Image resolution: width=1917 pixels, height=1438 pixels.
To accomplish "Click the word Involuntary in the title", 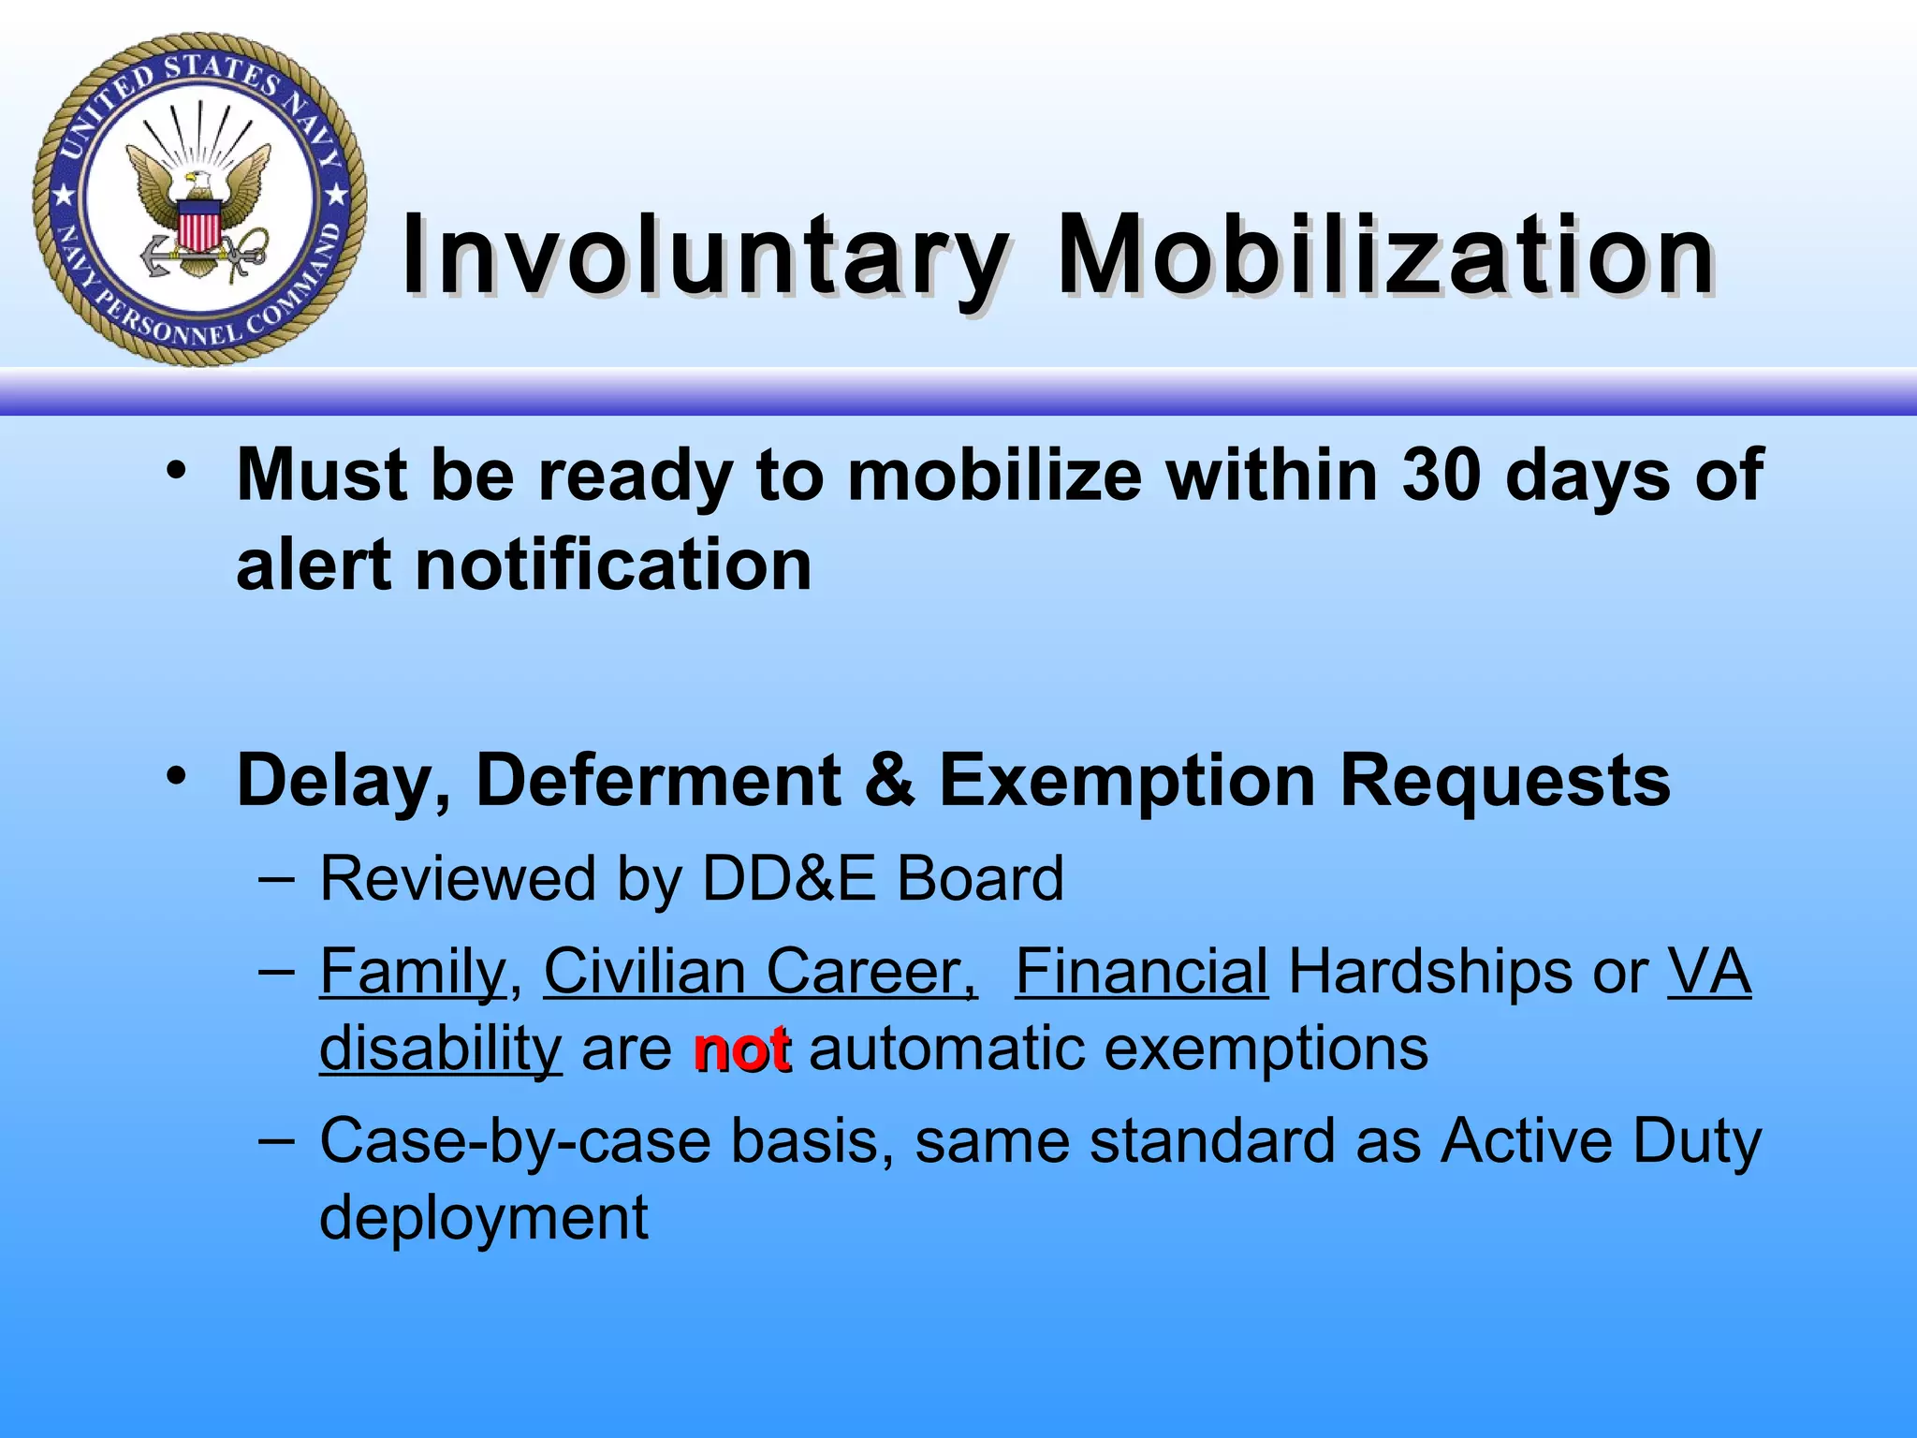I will [704, 256].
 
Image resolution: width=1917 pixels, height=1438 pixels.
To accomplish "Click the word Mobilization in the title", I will [1385, 256].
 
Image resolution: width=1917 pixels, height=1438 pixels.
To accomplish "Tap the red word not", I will [742, 1050].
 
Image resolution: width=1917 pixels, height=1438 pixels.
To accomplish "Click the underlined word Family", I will [413, 972].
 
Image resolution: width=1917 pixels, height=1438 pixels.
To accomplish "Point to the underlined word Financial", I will [1141, 972].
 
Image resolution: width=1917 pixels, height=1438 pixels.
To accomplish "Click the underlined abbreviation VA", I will [1708, 972].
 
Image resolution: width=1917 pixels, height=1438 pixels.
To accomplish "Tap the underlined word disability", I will [441, 1049].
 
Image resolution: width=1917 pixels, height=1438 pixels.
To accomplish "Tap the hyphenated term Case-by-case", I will [515, 1142].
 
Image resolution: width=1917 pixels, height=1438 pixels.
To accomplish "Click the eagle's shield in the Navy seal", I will [198, 227].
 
